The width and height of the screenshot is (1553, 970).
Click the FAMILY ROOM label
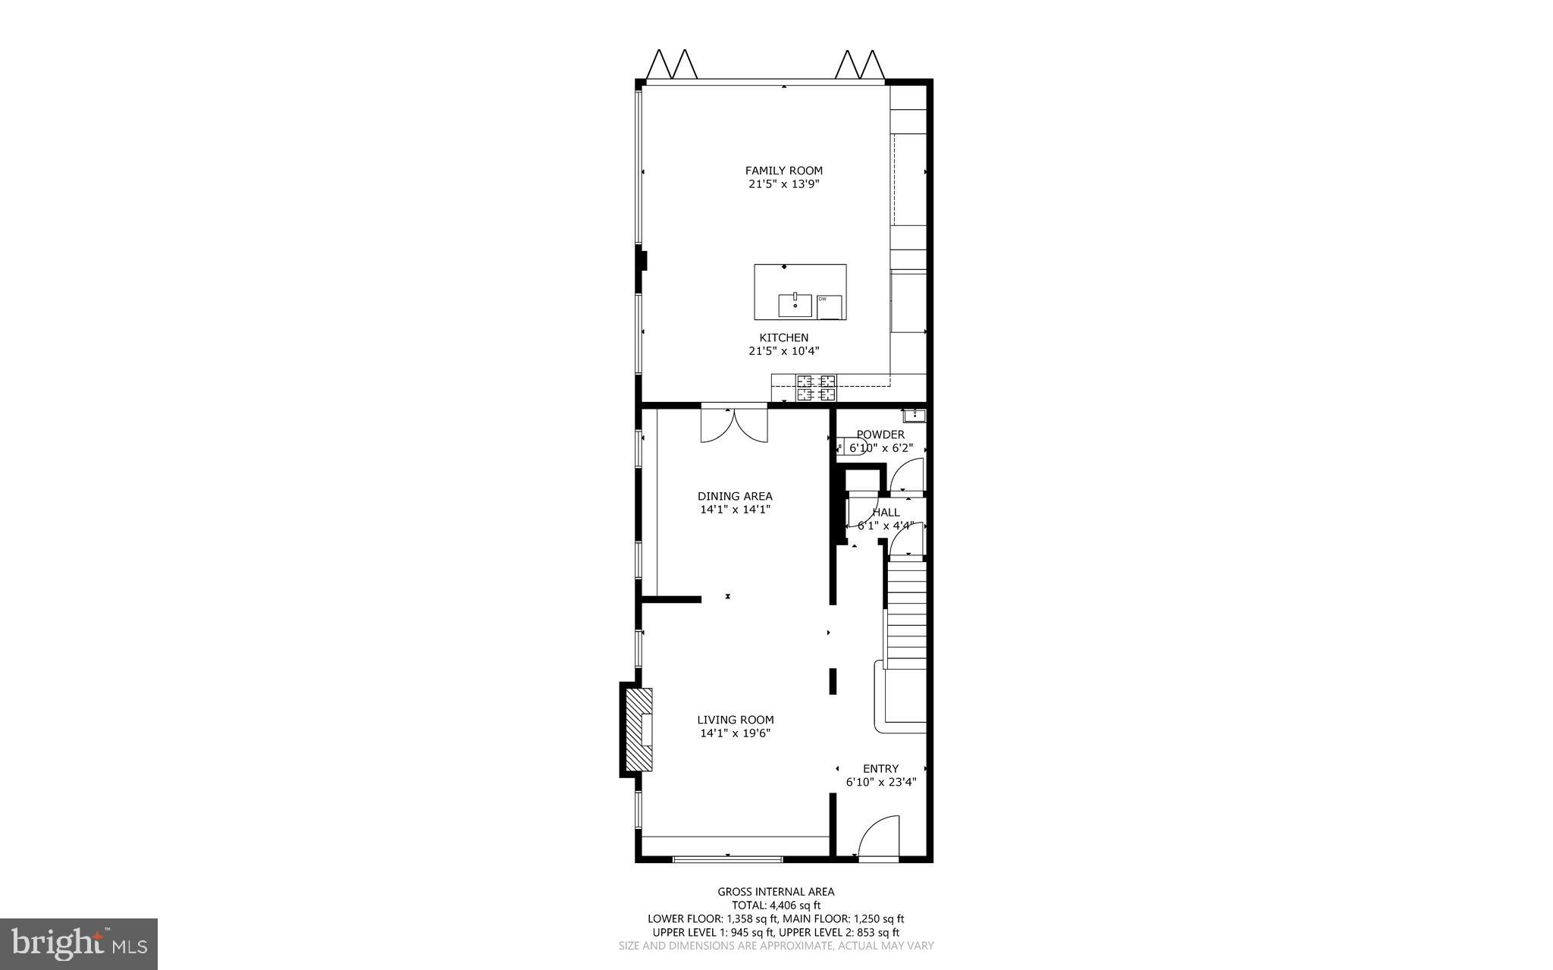(x=783, y=171)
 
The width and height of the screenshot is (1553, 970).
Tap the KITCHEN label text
(x=783, y=337)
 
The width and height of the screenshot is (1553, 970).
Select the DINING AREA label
(x=735, y=497)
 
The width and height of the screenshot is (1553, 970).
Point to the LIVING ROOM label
(x=736, y=720)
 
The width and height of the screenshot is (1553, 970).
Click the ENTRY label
(x=880, y=768)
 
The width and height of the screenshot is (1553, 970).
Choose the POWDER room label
(x=880, y=435)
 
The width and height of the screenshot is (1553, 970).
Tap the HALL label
(x=886, y=513)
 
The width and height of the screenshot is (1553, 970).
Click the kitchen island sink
(x=795, y=305)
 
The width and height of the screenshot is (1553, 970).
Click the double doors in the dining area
(x=734, y=425)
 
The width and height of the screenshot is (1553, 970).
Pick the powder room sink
(x=914, y=415)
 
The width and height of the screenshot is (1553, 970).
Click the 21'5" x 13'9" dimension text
(x=783, y=184)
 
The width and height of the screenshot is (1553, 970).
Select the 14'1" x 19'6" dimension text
(x=736, y=733)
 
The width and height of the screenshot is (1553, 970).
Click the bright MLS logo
(x=79, y=943)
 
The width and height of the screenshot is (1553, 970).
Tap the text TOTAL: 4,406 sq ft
(x=776, y=905)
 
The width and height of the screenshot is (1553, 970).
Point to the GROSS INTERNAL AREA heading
(x=776, y=892)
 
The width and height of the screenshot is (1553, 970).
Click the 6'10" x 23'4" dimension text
(x=880, y=782)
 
